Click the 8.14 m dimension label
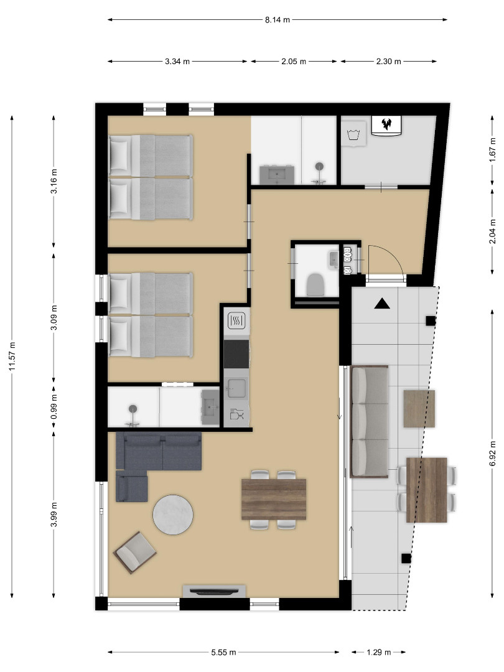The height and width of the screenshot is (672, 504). click(278, 20)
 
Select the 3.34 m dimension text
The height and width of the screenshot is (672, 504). click(177, 62)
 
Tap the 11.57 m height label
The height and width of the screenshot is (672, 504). click(12, 357)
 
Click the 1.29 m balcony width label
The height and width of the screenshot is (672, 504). click(379, 652)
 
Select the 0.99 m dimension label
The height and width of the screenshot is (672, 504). click(54, 406)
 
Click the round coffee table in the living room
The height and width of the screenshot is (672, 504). click(173, 515)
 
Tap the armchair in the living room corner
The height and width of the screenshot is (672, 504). click(134, 553)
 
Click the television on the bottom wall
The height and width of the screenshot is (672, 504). click(214, 592)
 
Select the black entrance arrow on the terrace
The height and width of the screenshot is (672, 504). click(382, 304)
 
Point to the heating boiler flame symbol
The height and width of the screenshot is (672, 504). click(386, 124)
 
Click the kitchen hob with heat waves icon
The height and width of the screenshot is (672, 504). click(236, 320)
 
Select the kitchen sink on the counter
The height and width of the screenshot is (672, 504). click(236, 388)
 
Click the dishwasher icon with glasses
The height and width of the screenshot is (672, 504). click(236, 414)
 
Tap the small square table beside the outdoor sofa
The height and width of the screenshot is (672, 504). click(419, 408)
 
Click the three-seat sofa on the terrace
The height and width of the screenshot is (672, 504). click(370, 421)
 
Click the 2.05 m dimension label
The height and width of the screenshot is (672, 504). click(294, 62)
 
